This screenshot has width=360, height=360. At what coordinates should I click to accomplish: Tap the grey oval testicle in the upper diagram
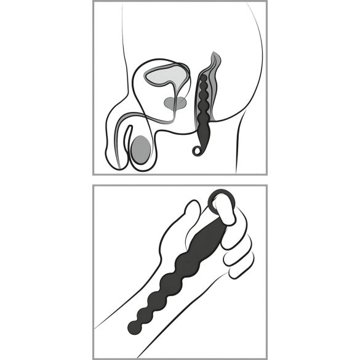pyautogui.click(x=142, y=149)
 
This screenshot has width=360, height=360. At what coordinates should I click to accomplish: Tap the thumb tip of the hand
pyautogui.click(x=193, y=209)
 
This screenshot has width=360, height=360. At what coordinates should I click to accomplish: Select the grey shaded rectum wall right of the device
pyautogui.click(x=216, y=92)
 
